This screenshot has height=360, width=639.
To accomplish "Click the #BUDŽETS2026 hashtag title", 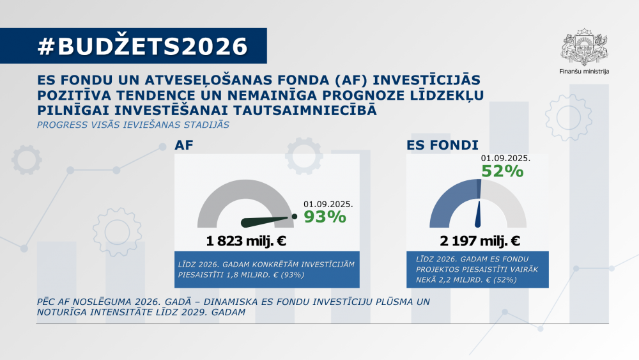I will click(142, 47).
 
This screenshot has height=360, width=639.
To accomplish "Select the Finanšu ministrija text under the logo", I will click(583, 72).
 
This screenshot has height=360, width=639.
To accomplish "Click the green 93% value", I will click(325, 217).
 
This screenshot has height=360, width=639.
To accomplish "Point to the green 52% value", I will click(502, 171).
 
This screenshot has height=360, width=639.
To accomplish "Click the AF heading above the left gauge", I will click(184, 145).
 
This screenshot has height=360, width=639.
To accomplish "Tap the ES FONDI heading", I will click(443, 145).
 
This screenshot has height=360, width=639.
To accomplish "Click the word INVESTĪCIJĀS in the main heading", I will click(426, 81).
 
